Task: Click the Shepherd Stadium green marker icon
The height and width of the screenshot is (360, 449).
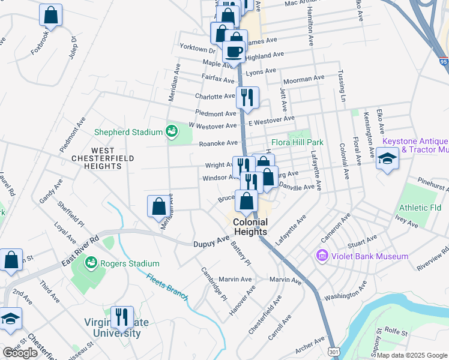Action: click(x=171, y=131)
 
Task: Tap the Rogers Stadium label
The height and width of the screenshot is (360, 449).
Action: click(x=130, y=263)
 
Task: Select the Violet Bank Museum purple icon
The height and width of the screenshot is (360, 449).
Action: click(x=322, y=256)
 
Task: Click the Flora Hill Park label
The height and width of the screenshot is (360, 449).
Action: click(x=297, y=143)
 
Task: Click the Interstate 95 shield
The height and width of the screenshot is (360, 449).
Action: click(x=444, y=61)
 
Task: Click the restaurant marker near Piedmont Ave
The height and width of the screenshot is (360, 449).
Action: click(x=247, y=97)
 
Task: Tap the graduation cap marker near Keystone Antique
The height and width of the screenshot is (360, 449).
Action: click(x=388, y=160)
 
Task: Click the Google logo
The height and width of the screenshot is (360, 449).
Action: click(x=20, y=352)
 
